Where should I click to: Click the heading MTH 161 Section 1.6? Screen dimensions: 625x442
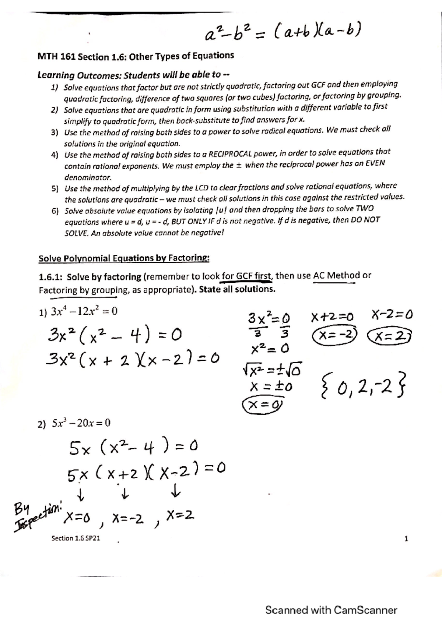pos(136,56)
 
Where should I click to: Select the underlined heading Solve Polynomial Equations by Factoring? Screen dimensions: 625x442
pos(124,258)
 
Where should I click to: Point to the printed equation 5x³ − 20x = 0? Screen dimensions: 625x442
pos(74,423)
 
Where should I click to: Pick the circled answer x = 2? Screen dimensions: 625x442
pos(390,335)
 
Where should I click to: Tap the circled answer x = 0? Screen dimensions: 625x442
pos(263,405)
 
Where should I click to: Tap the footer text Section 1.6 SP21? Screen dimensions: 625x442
pos(76,538)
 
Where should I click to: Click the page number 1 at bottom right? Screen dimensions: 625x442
pos(406,539)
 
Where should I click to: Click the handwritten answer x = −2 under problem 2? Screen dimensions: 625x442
pos(127,519)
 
